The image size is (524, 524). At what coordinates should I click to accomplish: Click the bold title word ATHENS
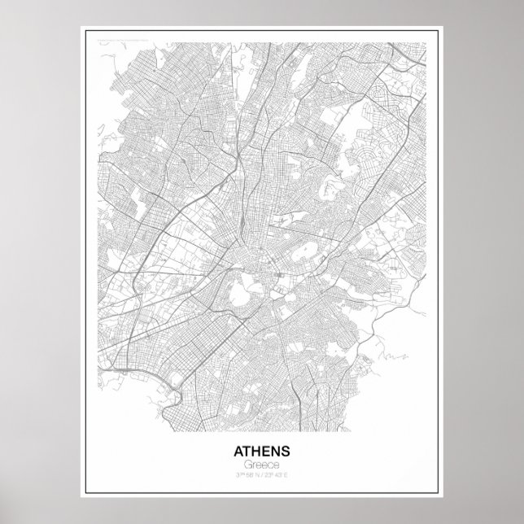(262, 450)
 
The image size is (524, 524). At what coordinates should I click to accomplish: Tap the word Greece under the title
(262, 463)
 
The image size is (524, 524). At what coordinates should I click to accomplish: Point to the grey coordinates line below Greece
(262, 474)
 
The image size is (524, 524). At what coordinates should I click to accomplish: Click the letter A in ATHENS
(238, 450)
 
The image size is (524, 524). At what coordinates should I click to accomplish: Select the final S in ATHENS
(286, 450)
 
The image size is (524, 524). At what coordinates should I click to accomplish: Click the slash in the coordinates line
(262, 474)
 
